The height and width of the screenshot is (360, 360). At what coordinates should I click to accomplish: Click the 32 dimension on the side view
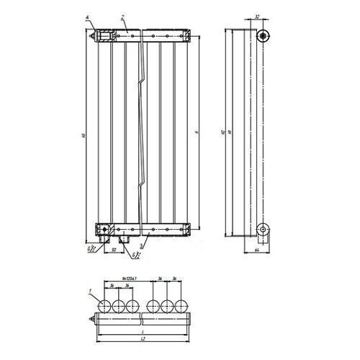[x=258, y=16]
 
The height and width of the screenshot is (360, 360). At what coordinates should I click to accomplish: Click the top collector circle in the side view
[x=264, y=35]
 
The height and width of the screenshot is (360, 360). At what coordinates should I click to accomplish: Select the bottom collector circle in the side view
[x=264, y=230]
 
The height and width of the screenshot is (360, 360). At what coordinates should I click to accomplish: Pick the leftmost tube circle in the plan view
[x=106, y=305]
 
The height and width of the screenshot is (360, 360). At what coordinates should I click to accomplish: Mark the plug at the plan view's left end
[x=91, y=320]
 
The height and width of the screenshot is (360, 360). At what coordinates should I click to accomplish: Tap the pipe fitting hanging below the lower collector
[x=123, y=237]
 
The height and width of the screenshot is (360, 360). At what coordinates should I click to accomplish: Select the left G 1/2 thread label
[x=90, y=249]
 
